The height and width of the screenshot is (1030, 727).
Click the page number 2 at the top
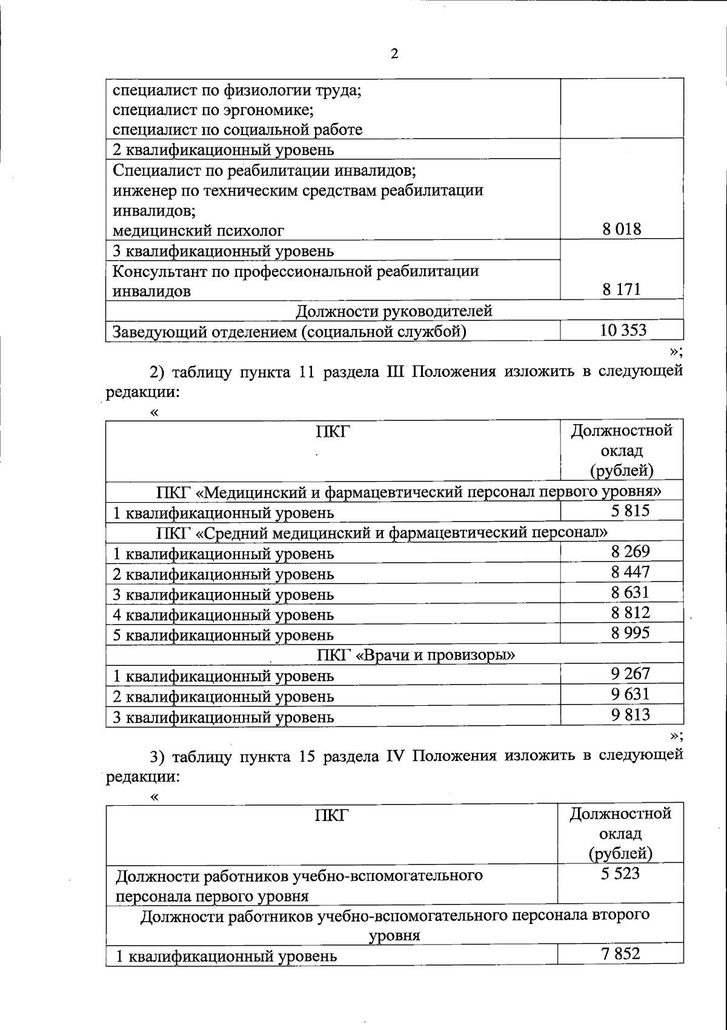394,55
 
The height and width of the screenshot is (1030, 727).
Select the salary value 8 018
622,229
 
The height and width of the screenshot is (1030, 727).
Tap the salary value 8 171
622,290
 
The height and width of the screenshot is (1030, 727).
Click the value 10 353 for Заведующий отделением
623,330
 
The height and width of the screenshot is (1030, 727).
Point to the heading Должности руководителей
394,311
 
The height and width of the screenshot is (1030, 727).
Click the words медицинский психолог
199,230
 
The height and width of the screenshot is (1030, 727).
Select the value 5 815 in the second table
630,511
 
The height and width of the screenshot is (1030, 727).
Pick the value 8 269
630,551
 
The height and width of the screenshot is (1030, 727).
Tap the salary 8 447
630,572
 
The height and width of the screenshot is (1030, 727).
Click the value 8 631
630,592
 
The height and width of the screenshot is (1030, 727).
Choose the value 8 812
630,613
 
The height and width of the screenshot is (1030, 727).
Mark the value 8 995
630,633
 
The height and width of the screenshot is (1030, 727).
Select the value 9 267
630,674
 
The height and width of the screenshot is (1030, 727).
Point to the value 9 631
630,694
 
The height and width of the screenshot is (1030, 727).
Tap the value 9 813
630,715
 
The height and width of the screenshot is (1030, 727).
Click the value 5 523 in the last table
620,874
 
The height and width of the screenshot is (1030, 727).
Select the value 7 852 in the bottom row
620,954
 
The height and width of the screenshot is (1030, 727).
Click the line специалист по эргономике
213,110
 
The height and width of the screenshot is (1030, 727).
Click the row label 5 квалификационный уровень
224,636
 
